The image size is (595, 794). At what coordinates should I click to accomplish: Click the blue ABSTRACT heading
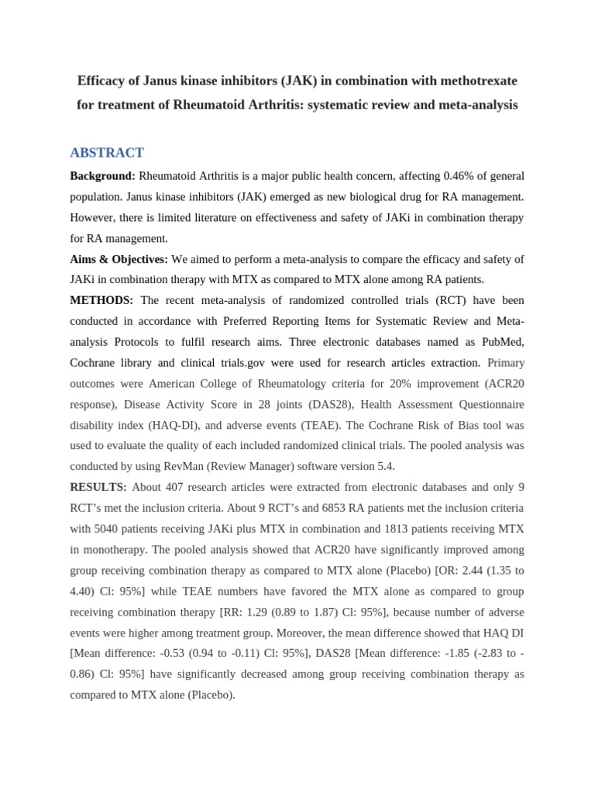click(107, 153)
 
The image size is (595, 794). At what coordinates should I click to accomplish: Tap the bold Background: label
click(102, 176)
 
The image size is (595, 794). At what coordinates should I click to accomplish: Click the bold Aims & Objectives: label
click(119, 259)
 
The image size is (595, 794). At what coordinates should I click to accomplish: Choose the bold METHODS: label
click(101, 300)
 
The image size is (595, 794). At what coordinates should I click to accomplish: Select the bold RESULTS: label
click(98, 487)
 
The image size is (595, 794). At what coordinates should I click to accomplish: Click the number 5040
click(108, 529)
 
